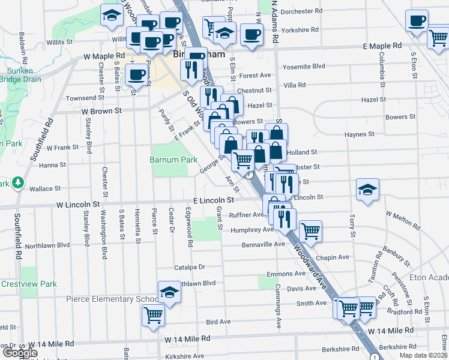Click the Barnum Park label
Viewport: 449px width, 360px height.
(173, 160)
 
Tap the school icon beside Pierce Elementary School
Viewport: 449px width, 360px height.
(170, 293)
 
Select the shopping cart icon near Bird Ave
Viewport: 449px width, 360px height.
(154, 314)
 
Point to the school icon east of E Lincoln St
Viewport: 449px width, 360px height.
(367, 190)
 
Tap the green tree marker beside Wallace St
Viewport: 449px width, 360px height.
(19, 182)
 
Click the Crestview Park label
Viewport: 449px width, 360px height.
(28, 284)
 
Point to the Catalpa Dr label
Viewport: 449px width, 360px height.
(190, 267)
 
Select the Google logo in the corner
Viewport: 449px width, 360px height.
(20, 352)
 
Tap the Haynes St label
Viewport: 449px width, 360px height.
(360, 134)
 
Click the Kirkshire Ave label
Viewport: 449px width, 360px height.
(185, 356)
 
